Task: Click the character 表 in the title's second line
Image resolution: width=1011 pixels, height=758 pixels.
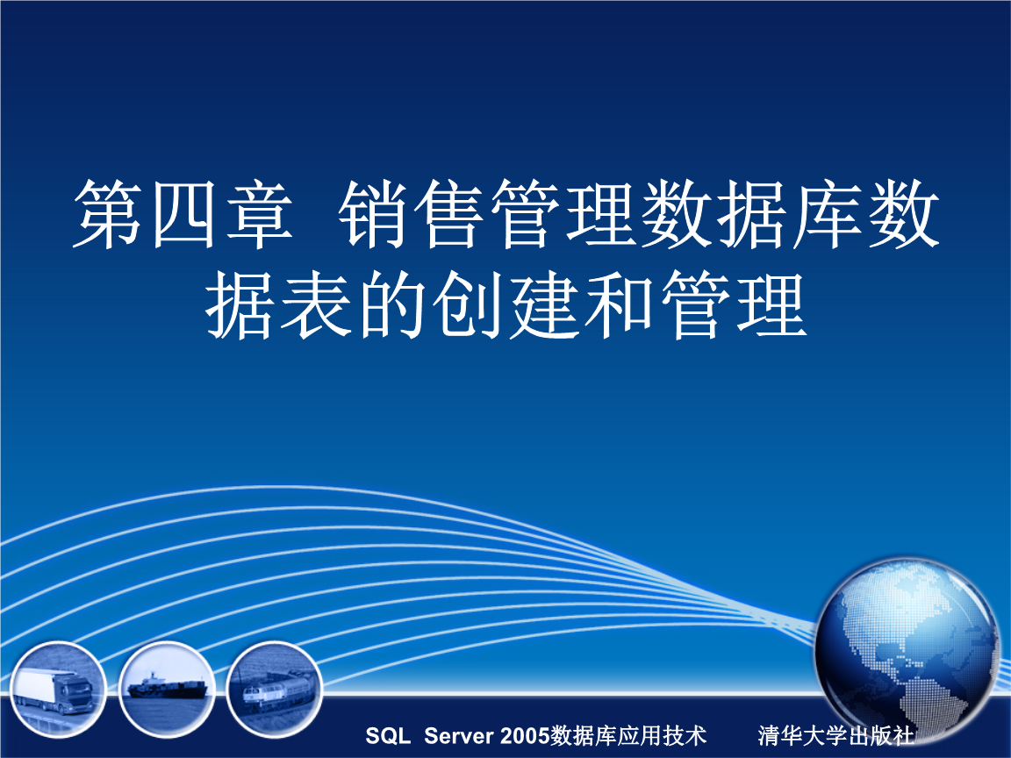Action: coord(318,306)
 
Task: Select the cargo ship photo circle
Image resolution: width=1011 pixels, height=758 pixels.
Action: coord(167,688)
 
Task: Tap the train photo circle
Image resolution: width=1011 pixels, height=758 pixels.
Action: coord(274,688)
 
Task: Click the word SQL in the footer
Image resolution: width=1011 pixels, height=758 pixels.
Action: coord(387,735)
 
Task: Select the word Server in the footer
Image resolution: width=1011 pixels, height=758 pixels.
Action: coord(460,735)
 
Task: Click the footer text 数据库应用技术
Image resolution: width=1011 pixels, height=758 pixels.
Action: coord(629,735)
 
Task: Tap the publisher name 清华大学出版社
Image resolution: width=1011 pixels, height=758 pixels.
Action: coord(836,735)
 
